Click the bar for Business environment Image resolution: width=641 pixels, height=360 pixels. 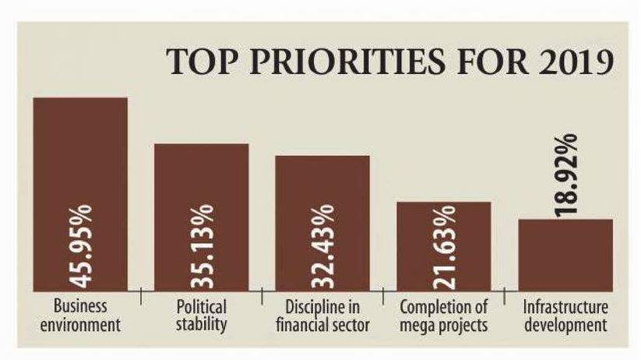tap(79, 156)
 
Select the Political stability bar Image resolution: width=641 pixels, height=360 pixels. tap(201, 179)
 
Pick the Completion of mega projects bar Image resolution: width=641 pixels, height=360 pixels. tap(444, 226)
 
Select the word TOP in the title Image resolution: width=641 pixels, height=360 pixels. tap(203, 62)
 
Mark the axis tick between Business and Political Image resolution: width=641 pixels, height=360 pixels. tap(141, 294)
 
